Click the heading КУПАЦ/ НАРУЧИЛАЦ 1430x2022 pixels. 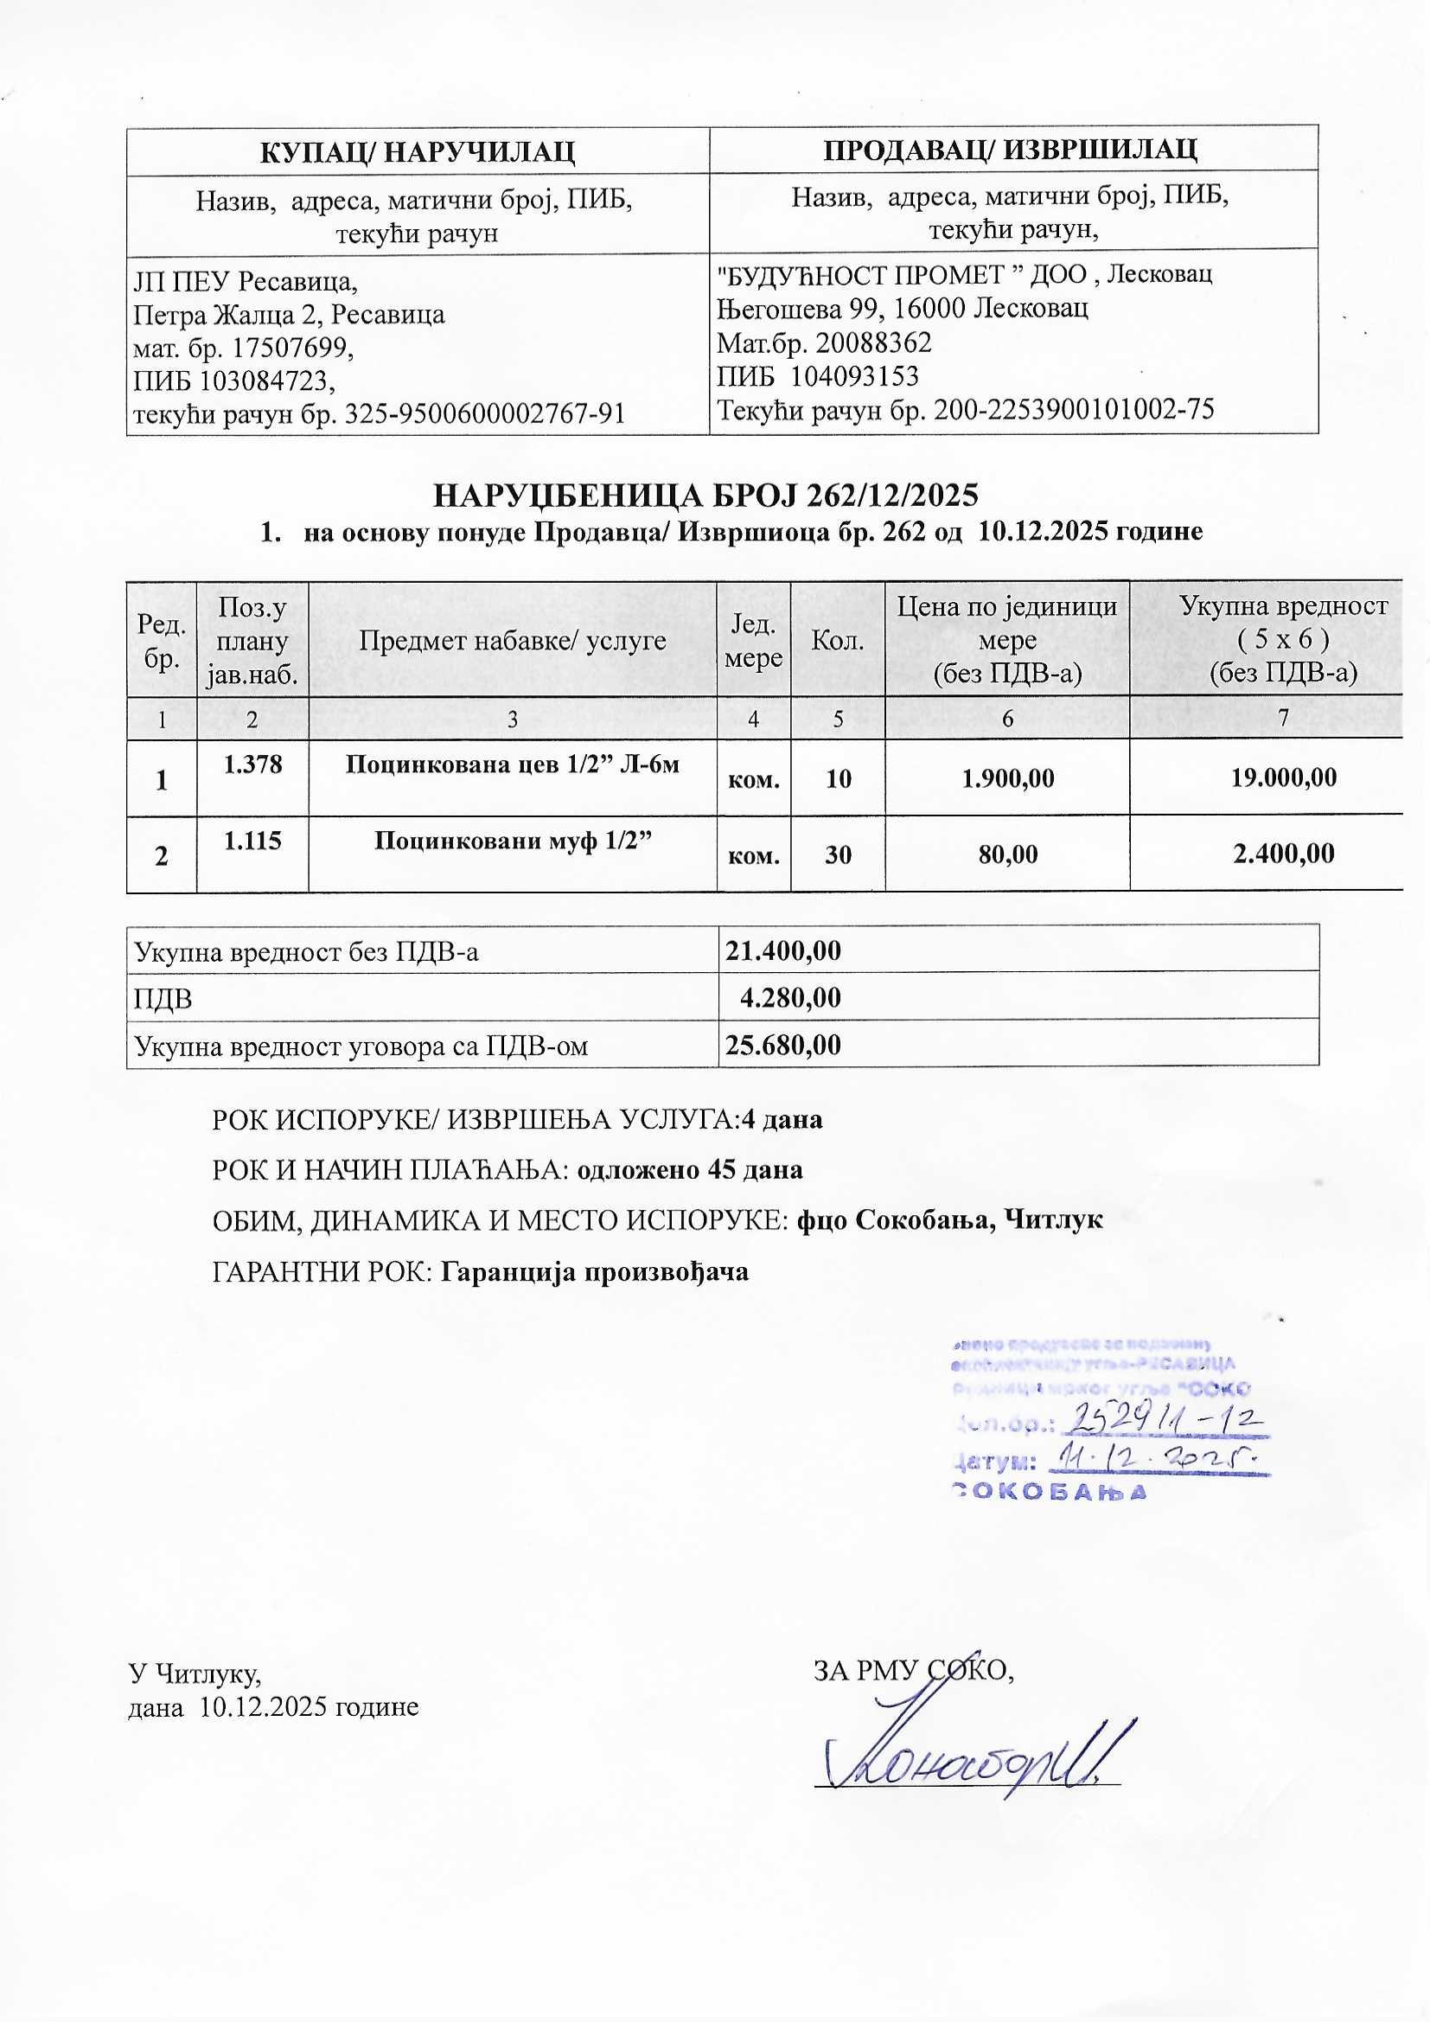[x=418, y=151]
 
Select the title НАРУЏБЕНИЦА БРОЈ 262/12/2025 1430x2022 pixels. [x=705, y=496]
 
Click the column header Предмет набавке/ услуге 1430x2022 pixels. [x=512, y=640]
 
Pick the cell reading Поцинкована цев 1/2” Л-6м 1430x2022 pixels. [x=512, y=764]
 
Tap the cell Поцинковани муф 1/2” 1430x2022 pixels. [x=512, y=840]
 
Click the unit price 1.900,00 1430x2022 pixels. [x=1007, y=777]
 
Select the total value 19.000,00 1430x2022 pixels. [x=1283, y=777]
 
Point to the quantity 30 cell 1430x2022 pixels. [x=838, y=854]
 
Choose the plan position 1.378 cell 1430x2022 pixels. [x=252, y=764]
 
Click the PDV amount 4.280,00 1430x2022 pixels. [x=790, y=997]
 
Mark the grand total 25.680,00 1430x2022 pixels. [x=782, y=1045]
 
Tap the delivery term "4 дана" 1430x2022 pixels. [x=782, y=1119]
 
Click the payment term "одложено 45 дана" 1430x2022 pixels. [x=689, y=1169]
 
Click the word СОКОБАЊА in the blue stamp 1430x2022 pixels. [x=1050, y=1492]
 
